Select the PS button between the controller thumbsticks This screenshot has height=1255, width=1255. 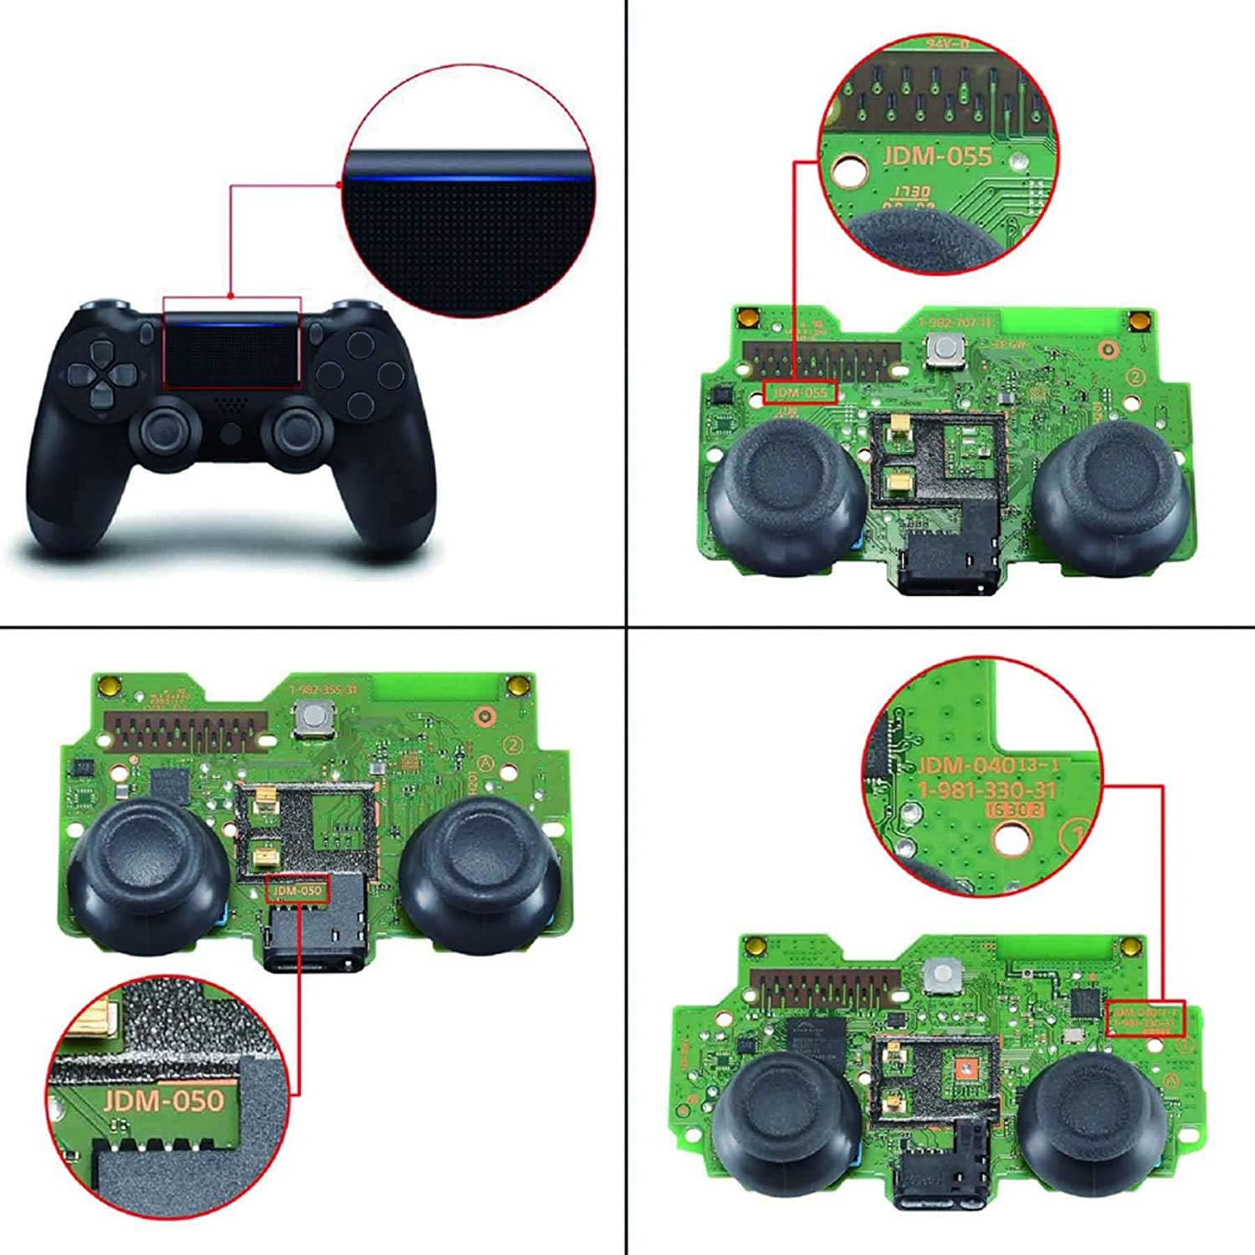(232, 433)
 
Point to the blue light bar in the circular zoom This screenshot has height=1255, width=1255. (469, 177)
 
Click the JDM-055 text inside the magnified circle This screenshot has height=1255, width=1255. (936, 156)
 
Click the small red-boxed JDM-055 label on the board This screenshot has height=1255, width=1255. (799, 392)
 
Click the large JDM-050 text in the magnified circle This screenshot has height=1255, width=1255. (164, 1099)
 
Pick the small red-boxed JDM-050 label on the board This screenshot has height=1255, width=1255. (296, 890)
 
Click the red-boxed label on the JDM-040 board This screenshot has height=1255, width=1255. (1145, 1018)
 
